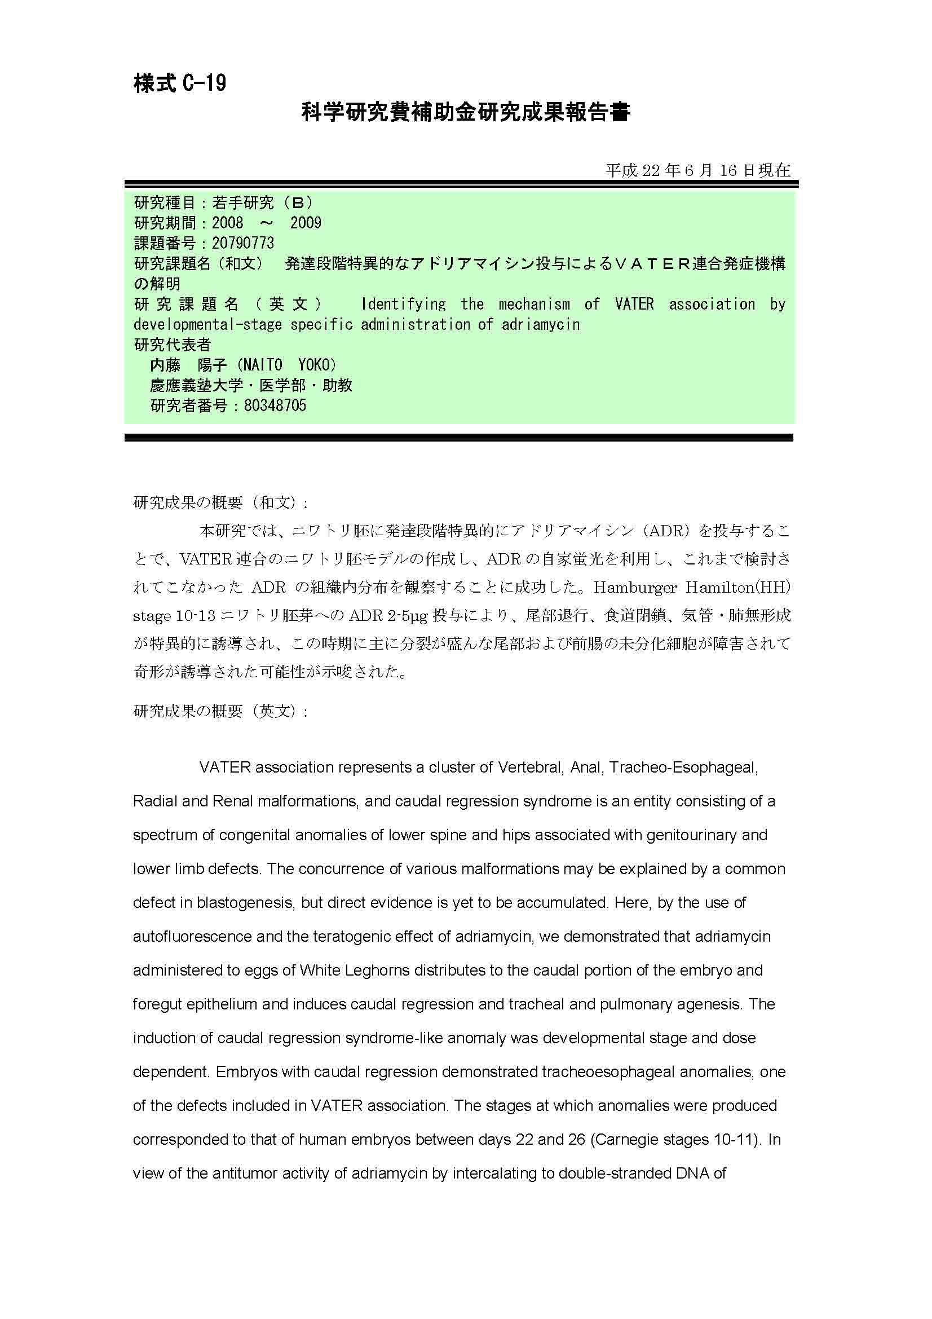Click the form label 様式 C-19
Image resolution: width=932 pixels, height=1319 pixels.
[180, 83]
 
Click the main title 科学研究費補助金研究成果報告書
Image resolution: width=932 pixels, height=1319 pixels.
[466, 112]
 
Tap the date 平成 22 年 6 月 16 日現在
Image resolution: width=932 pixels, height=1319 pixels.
[697, 170]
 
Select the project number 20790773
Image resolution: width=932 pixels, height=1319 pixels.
[243, 243]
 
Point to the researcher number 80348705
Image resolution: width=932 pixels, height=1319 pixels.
[275, 405]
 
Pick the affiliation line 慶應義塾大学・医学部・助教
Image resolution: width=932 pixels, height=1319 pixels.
[251, 385]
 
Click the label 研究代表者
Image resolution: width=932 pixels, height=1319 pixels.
[173, 345]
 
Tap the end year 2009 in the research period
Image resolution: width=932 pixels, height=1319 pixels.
[306, 223]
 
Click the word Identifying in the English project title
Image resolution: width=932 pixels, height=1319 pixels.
[403, 304]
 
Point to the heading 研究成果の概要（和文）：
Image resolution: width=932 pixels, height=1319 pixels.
[221, 502]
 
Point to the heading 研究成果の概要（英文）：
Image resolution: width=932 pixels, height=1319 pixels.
[221, 711]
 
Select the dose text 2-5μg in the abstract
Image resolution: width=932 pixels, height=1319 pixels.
[408, 615]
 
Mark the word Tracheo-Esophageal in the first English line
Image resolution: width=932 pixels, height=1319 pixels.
[683, 767]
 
